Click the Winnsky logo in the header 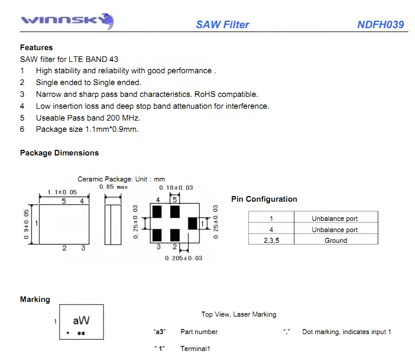(x=67, y=22)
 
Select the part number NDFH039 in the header (x=380, y=25)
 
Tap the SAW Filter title (x=222, y=25)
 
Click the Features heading (x=36, y=48)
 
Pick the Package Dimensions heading (x=59, y=153)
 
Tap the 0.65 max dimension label (x=113, y=187)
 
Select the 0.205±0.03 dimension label (x=183, y=258)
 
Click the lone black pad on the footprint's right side (x=192, y=223)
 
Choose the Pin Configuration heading (x=264, y=199)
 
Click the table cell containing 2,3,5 (x=271, y=241)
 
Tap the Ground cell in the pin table (x=335, y=241)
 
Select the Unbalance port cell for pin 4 (x=335, y=230)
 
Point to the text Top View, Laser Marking (x=239, y=314)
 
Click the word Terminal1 (x=195, y=349)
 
